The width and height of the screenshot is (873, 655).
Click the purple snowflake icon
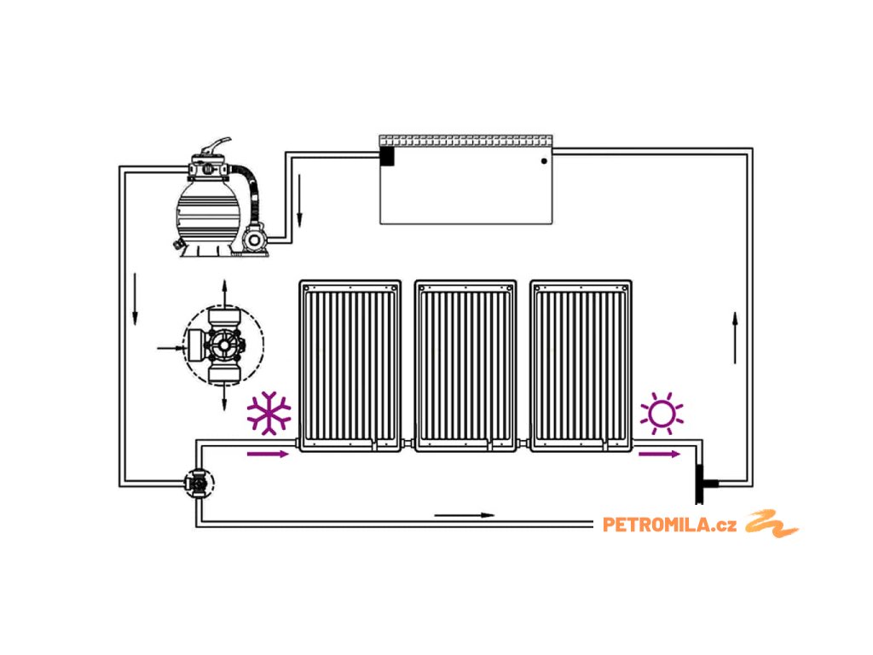pyautogui.click(x=269, y=413)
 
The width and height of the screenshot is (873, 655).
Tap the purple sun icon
pyautogui.click(x=662, y=414)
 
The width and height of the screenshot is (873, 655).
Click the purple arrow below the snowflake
pyautogui.click(x=268, y=454)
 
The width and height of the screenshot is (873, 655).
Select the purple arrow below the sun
pyautogui.click(x=659, y=454)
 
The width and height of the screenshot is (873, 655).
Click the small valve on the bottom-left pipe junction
pyautogui.click(x=199, y=484)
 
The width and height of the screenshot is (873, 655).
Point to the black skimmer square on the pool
pyautogui.click(x=387, y=156)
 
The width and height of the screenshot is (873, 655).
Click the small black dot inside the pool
pyautogui.click(x=543, y=161)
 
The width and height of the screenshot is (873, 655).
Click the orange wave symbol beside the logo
pyautogui.click(x=772, y=524)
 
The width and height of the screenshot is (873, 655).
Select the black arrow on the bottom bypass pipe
pyautogui.click(x=464, y=515)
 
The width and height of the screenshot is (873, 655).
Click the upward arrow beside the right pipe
pyautogui.click(x=735, y=337)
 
